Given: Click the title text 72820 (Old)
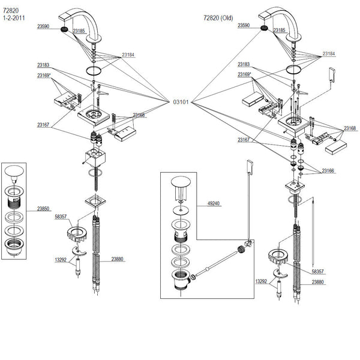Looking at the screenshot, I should coord(217,18).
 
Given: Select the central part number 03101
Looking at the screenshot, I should coord(181,102).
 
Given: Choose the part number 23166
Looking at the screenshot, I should coord(328,171).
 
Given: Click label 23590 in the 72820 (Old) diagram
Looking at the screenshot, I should coord(244,26).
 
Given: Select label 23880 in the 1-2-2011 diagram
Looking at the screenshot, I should coord(118,260).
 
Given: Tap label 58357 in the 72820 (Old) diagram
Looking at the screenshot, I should coord(319,271).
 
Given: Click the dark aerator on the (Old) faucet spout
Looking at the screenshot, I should coord(265,26).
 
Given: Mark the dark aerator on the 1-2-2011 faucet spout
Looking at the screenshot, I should coord(64,27).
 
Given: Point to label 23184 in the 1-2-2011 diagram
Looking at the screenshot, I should coord(128,55).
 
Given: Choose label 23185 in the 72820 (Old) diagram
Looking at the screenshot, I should coord(280,30).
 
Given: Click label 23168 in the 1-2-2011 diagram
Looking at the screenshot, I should coord(139,115).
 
